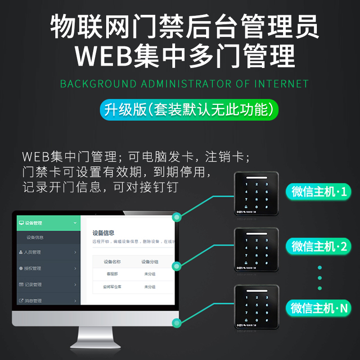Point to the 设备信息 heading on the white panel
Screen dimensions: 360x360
103,233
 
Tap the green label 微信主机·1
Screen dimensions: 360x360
319,192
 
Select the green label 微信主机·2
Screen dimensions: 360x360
319,246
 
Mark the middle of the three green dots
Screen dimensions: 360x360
320,277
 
